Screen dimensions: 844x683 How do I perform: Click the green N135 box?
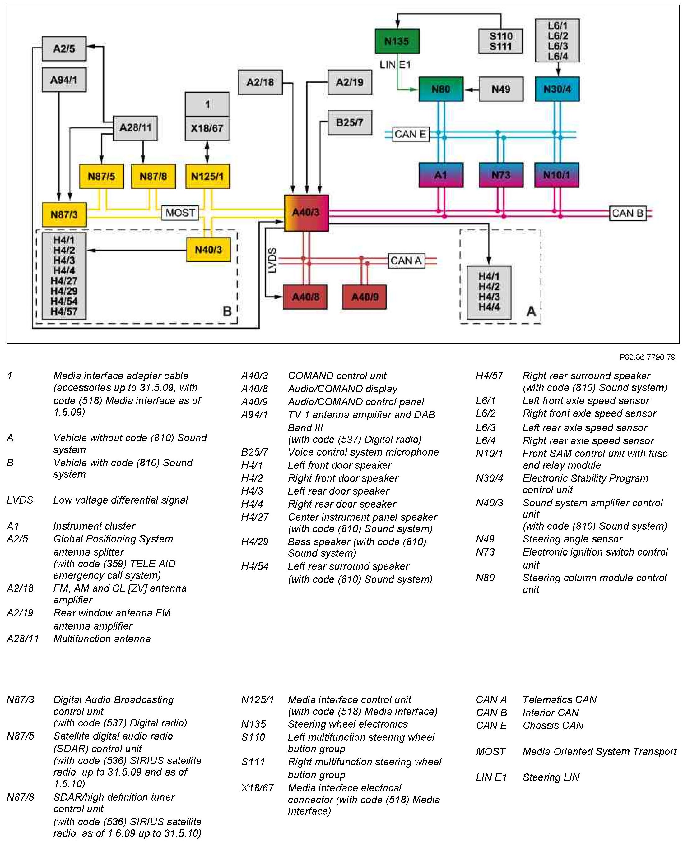397,41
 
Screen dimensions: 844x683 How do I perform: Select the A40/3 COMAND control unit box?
306,213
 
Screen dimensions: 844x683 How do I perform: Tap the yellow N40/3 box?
208,250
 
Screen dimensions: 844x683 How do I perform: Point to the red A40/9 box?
364,297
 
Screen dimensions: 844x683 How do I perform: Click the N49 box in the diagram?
500,89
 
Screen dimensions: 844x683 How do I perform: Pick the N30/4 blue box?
557,89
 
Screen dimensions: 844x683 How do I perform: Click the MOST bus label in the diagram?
180,213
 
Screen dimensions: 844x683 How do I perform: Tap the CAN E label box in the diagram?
410,135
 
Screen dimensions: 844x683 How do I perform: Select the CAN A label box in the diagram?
406,261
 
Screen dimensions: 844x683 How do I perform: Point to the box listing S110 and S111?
500,41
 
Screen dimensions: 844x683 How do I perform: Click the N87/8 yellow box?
153,176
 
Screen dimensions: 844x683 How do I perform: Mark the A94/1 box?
64,80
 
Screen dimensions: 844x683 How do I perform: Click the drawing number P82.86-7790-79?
647,357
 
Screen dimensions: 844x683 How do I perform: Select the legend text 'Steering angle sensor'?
573,539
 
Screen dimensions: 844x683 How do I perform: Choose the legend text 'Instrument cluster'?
94,526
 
